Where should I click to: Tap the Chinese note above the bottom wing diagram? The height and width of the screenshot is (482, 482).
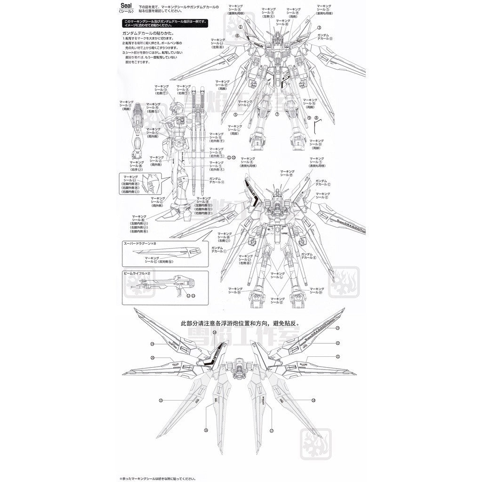(x=240, y=323)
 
